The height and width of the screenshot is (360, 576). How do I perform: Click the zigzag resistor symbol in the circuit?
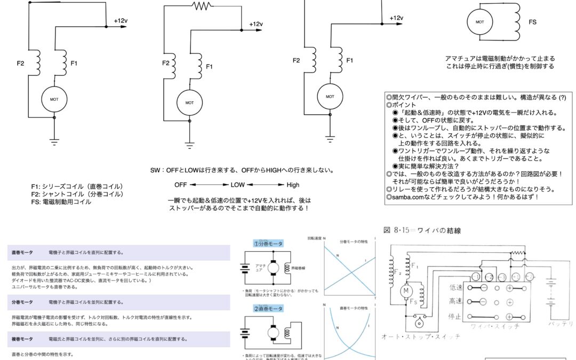203,6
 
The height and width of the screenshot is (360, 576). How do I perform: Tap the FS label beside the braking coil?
532,22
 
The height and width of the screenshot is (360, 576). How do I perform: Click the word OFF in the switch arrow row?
181,185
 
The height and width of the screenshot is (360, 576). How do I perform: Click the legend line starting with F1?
77,186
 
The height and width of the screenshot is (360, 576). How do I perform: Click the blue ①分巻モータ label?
268,243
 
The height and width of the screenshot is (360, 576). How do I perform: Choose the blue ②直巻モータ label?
268,309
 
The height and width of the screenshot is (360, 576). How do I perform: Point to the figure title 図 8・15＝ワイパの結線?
422,230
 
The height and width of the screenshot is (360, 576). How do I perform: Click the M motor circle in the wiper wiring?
405,290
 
